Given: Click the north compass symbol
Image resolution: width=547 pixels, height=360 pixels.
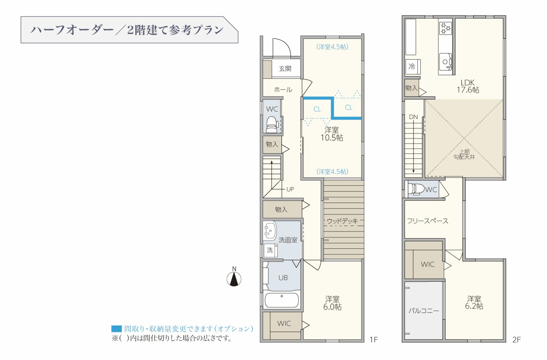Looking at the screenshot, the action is click(x=234, y=279).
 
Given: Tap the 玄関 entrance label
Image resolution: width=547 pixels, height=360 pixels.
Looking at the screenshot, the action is click(x=285, y=69).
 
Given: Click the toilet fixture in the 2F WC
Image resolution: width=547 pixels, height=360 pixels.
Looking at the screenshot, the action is click(x=416, y=189).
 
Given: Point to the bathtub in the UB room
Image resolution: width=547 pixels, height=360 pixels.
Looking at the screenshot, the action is click(x=281, y=300).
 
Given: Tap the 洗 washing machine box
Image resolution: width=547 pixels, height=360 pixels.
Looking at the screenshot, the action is click(x=271, y=250).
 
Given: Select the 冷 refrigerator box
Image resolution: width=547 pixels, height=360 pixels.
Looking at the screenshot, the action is click(x=413, y=67).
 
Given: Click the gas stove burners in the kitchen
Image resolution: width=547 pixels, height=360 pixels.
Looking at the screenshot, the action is click(x=445, y=28).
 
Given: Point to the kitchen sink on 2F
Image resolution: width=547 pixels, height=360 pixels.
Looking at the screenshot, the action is click(x=446, y=61).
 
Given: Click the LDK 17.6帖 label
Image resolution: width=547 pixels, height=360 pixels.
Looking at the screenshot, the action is click(x=468, y=86).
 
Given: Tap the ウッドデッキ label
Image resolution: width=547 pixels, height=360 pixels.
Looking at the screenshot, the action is click(x=342, y=221).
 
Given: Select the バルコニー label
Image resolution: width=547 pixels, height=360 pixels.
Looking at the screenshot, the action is click(x=424, y=311).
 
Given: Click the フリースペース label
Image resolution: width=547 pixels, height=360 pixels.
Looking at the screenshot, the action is click(x=428, y=221).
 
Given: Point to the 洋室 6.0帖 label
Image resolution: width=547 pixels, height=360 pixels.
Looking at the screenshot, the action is click(x=332, y=303).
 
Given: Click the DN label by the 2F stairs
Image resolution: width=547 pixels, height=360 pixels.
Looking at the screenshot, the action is click(x=413, y=117).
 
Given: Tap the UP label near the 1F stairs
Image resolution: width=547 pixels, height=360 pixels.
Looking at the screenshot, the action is click(x=290, y=189).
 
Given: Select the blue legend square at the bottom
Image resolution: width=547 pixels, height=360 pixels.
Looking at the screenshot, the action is click(x=117, y=329).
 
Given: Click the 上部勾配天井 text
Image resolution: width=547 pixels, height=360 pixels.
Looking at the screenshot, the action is click(x=464, y=155).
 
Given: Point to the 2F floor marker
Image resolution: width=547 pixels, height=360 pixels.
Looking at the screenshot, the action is click(x=516, y=340).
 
